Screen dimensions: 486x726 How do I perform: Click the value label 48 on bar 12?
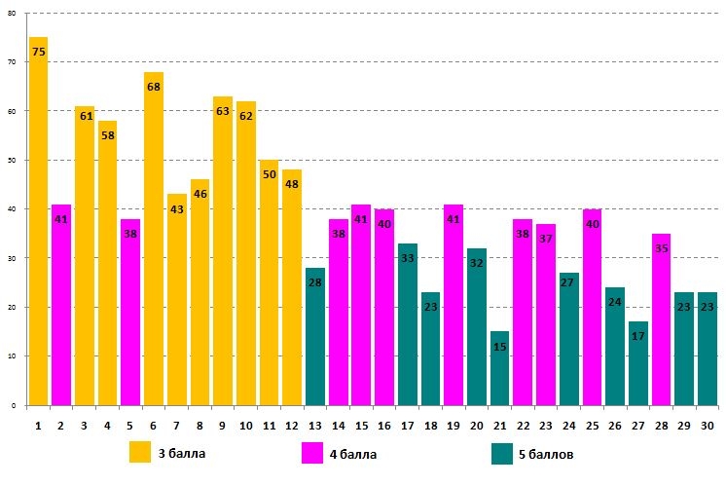[x=292, y=184]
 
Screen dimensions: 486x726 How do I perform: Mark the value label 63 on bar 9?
[x=223, y=111]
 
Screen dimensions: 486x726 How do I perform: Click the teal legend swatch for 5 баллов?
[x=502, y=454]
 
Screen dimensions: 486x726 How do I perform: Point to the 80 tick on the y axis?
[x=12, y=14]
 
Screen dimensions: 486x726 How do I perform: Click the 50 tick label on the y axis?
[x=12, y=161]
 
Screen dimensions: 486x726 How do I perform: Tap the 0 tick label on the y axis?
[x=14, y=405]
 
